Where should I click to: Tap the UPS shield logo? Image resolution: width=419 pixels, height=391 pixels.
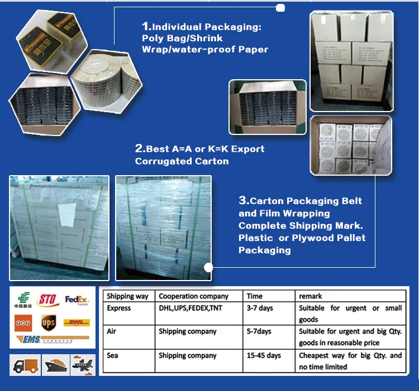click(x=49, y=322)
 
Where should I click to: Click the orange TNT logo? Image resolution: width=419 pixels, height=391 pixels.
click(x=23, y=322)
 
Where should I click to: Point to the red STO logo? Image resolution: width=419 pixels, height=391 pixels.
click(x=48, y=300)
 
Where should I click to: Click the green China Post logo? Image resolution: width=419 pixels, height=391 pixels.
click(x=23, y=301)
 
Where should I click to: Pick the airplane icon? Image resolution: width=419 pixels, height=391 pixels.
click(x=82, y=365)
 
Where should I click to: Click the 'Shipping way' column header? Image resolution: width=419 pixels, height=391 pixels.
click(x=127, y=296)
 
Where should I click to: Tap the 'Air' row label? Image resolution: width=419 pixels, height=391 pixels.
click(x=112, y=331)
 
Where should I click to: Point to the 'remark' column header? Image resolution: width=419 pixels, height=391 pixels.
click(x=311, y=296)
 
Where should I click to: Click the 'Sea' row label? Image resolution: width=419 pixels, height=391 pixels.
click(x=112, y=355)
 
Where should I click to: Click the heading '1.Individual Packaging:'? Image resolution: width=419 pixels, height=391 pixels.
click(x=202, y=26)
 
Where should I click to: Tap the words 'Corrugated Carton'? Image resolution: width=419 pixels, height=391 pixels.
click(x=182, y=161)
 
